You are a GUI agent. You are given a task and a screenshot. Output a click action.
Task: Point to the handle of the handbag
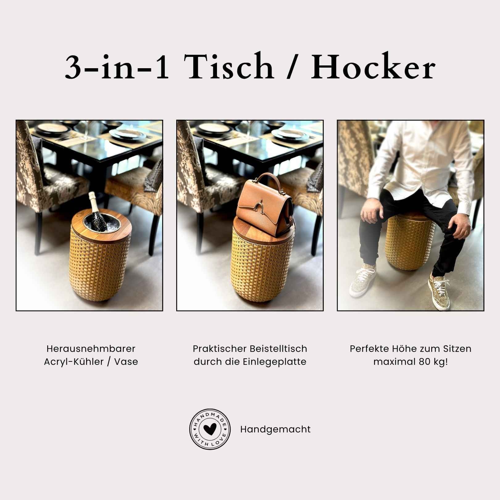[265, 179]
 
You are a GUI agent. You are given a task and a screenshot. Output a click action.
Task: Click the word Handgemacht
[275, 429]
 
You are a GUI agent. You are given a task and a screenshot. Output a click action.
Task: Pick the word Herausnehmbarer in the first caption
[91, 349]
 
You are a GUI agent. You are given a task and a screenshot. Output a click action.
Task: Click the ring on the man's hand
[467, 231]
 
